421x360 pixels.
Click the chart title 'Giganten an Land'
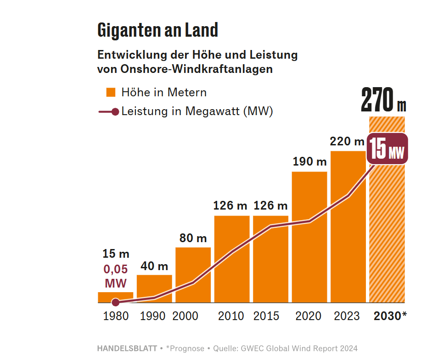pos(157,31)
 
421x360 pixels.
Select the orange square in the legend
pos(111,92)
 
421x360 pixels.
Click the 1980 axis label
pos(116,316)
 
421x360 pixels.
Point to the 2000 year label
pos(185,316)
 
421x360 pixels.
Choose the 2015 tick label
pos(266,316)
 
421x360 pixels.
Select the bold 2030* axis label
pos(390,316)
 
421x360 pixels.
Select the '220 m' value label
pos(347,141)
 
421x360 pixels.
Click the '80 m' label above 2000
pos(193,238)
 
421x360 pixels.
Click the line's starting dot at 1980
pos(116,302)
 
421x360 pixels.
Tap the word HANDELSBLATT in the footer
pos(127,349)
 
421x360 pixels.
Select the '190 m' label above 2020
pos(309,162)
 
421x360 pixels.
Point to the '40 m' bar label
pos(154,266)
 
